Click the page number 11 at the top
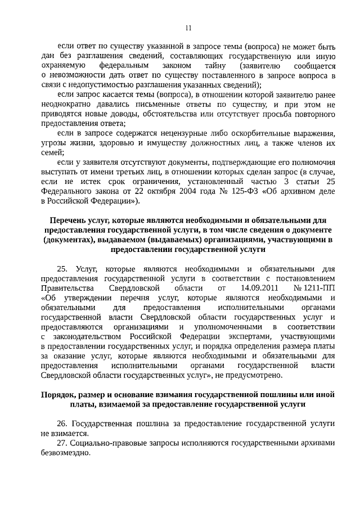pyautogui.click(x=188, y=28)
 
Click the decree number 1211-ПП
pyautogui.click(x=320, y=289)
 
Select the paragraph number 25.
pyautogui.click(x=63, y=268)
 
